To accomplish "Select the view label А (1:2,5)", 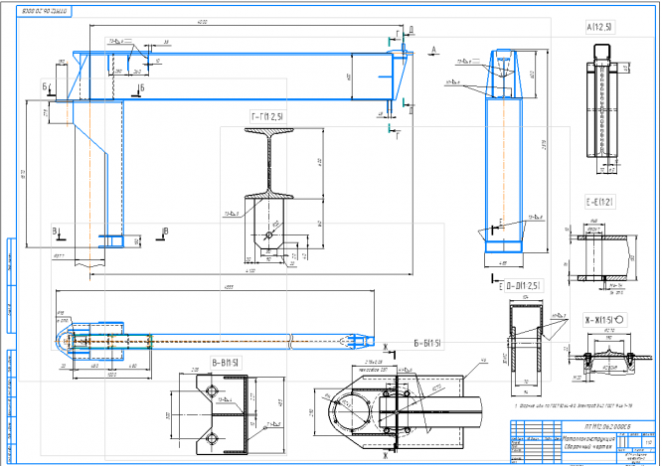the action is pos(600,27).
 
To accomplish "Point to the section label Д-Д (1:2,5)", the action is pos(524,287).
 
